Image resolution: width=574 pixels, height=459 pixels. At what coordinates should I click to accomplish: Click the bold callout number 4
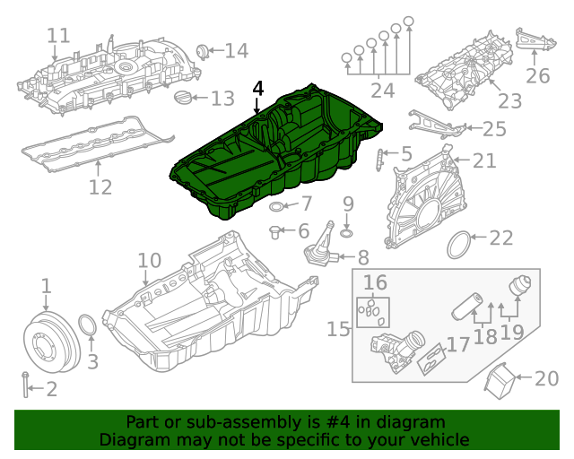(258, 89)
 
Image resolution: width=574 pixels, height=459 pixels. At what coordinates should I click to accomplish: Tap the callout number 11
(58, 36)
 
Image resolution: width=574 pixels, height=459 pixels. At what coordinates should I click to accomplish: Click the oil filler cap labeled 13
(183, 98)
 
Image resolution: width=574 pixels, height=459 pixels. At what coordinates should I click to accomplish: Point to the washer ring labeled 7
(277, 208)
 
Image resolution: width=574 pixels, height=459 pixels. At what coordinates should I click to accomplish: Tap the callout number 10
(148, 261)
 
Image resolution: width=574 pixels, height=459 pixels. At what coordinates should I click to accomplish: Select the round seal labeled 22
(458, 242)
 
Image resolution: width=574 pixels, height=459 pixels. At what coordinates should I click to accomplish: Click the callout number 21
(483, 160)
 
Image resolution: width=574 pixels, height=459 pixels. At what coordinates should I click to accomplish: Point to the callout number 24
(382, 91)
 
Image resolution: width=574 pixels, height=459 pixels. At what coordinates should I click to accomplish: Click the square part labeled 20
(501, 382)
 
